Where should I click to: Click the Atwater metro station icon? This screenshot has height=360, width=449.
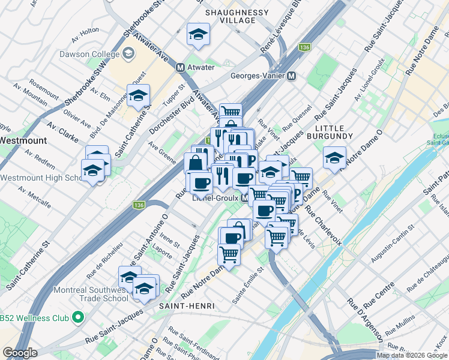[180, 67]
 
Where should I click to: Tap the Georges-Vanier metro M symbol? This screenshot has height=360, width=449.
[291, 76]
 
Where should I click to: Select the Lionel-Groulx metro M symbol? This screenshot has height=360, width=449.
[246, 197]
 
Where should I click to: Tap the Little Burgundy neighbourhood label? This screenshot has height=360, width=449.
[334, 132]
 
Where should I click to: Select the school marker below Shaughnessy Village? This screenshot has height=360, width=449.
[197, 35]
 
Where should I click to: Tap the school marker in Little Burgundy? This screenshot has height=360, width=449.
[334, 157]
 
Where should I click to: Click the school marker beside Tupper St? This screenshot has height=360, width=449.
[138, 95]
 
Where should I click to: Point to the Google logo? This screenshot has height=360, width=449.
[20, 353]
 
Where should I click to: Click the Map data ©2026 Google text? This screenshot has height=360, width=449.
[412, 355]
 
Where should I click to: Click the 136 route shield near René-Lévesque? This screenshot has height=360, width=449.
[305, 47]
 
